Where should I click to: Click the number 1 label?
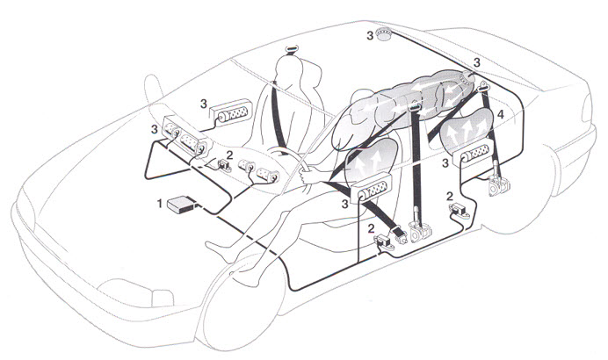[x=159, y=203]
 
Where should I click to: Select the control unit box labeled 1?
[x=180, y=204]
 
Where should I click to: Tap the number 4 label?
[x=501, y=114]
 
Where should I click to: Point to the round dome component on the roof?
[x=385, y=34]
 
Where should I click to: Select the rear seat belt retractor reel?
[x=498, y=185]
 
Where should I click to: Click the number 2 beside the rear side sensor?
[x=449, y=196]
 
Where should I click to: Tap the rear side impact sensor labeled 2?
[x=460, y=211]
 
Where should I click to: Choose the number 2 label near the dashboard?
[x=229, y=155]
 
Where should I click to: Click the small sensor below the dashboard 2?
[x=224, y=165]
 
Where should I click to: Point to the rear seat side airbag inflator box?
[x=476, y=152]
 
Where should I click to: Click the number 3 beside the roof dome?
[x=370, y=36]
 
